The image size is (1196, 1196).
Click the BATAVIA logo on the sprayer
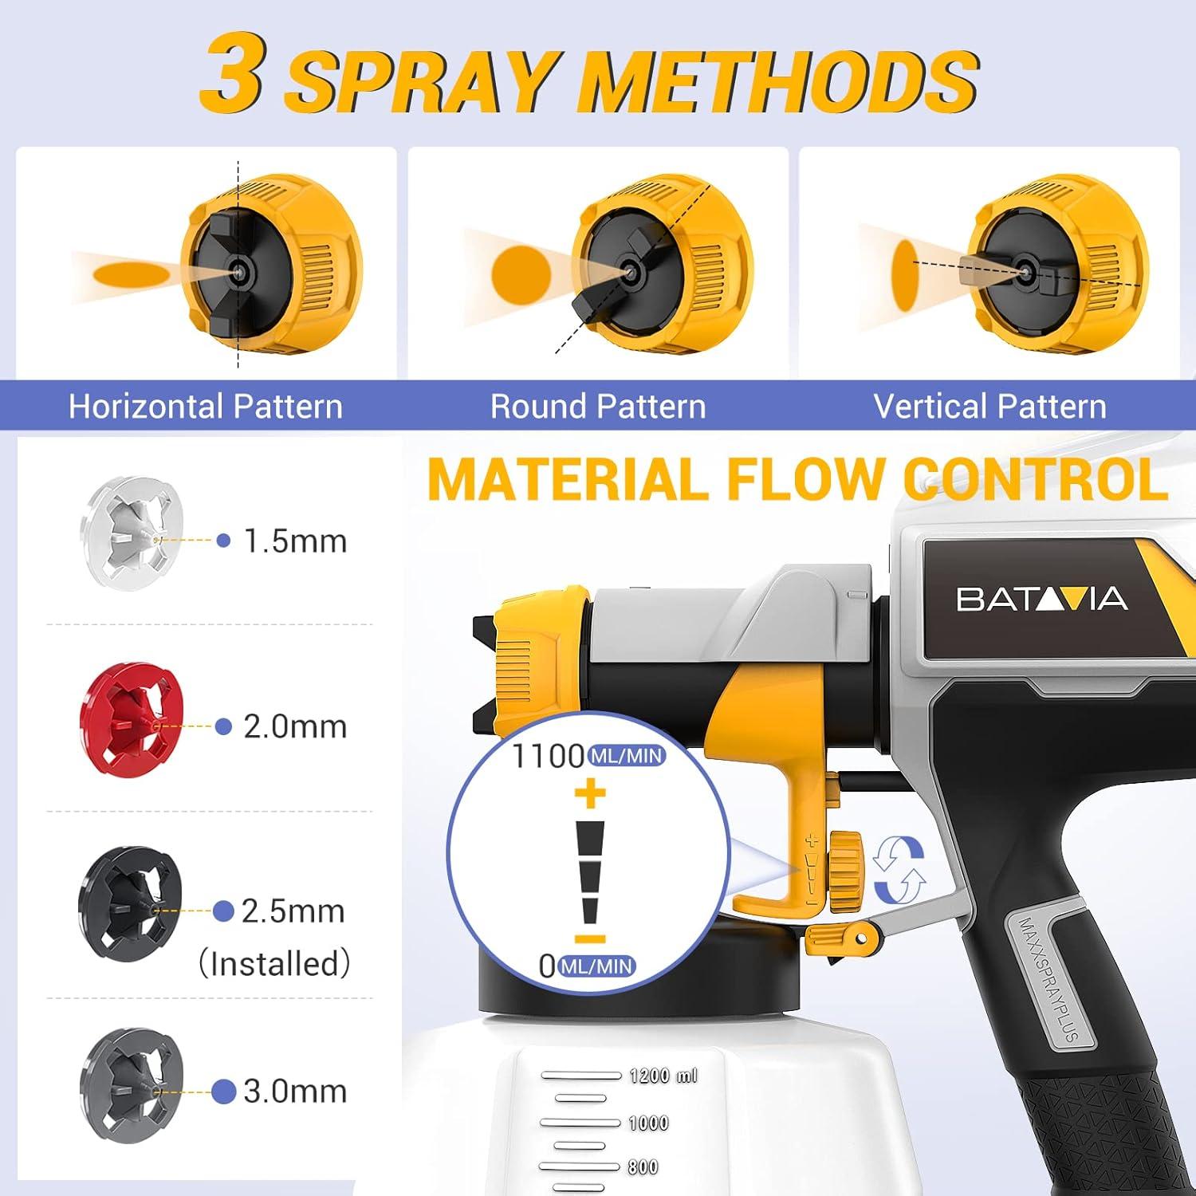[x=1041, y=599]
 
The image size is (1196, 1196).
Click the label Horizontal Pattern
[x=206, y=407]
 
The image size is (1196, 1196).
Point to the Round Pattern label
[x=598, y=407]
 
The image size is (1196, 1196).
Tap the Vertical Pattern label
[x=989, y=407]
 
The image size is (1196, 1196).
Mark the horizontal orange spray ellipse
[x=131, y=274]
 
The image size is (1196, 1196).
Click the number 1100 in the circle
[x=548, y=756]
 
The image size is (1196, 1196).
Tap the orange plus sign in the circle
[x=590, y=793]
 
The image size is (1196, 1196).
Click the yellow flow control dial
[x=845, y=871]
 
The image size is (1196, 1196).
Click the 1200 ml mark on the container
[x=663, y=1076]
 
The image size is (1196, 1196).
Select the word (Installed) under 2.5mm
[x=274, y=963]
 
